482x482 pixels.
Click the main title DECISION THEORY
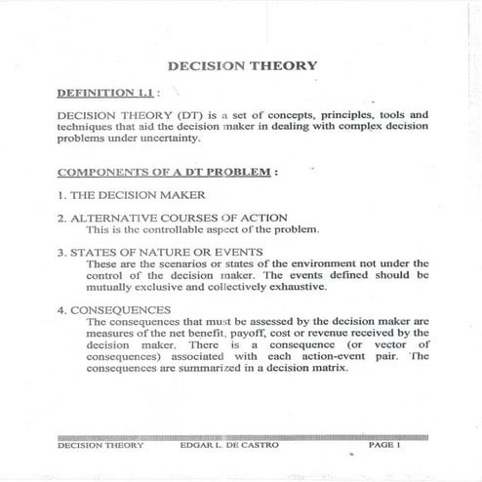click(242, 65)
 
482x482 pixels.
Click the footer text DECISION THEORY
click(100, 445)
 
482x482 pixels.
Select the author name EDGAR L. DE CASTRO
click(224, 445)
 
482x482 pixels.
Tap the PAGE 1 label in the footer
click(384, 445)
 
